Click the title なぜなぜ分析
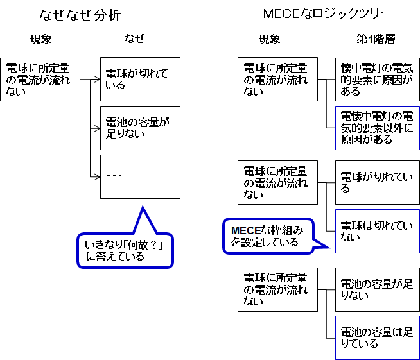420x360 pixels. click(79, 15)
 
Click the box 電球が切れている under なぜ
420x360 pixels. click(140, 79)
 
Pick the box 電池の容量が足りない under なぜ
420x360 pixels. click(140, 128)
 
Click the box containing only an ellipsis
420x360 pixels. click(140, 176)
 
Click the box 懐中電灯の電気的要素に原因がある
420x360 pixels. click(378, 79)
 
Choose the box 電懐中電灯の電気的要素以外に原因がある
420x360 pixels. click(378, 128)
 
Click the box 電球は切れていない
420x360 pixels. click(378, 231)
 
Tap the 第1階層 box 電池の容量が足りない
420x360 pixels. click(378, 290)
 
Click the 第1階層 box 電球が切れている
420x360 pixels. click(378, 182)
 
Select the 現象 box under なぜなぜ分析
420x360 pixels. click(40, 79)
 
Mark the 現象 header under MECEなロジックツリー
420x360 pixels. click(269, 39)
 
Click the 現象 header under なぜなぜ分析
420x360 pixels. click(40, 39)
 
